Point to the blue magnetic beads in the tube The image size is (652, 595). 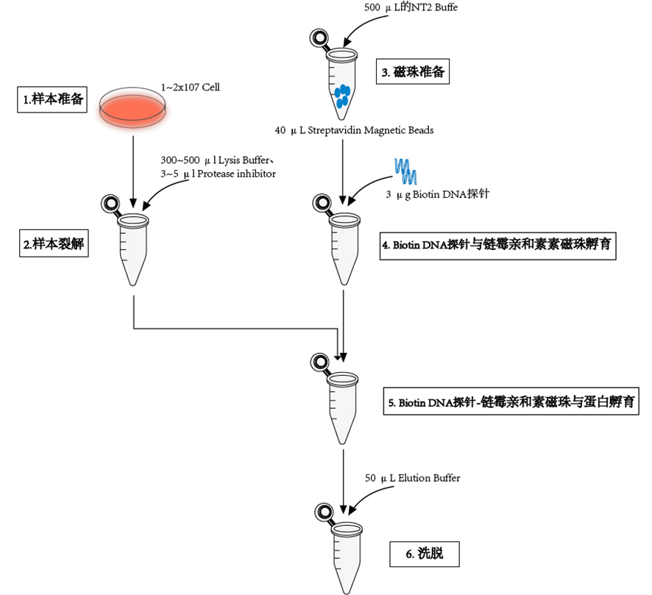(x=342, y=96)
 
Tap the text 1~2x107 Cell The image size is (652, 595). (x=191, y=88)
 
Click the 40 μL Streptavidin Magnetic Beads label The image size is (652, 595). (x=354, y=130)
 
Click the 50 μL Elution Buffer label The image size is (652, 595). (x=412, y=478)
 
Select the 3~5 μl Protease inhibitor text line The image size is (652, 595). (x=218, y=173)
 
